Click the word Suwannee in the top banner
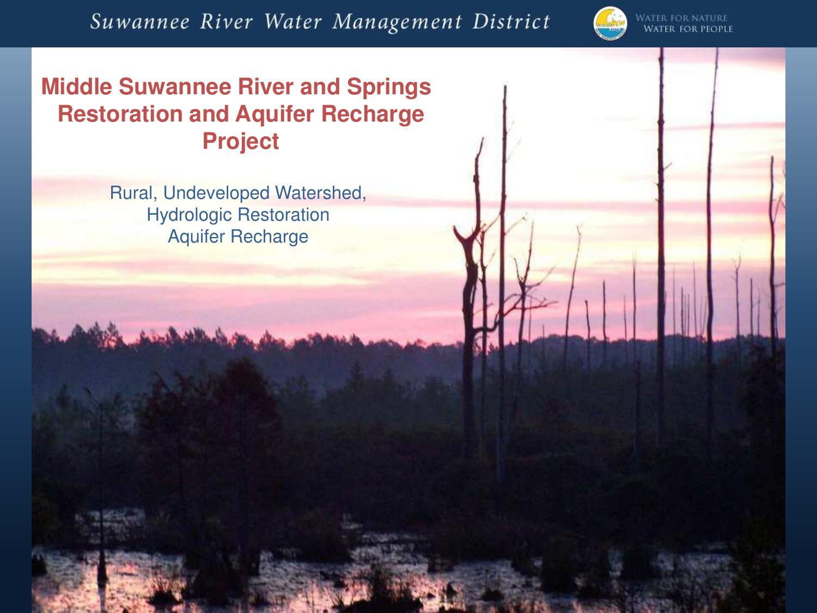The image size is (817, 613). click(140, 22)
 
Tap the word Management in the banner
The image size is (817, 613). click(397, 23)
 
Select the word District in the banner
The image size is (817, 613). click(511, 22)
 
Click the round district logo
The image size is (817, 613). click(610, 23)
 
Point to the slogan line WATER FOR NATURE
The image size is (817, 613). click(681, 18)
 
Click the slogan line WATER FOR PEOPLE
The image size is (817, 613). click(688, 29)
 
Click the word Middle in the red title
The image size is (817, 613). click(76, 86)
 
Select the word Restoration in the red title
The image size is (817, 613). click(120, 113)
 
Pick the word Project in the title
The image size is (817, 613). click(241, 142)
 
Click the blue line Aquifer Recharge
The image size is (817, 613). click(238, 236)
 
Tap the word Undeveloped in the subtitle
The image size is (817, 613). click(216, 193)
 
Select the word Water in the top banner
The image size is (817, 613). click(293, 22)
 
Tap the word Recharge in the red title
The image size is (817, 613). click(373, 114)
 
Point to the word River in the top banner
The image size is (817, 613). click(226, 22)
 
